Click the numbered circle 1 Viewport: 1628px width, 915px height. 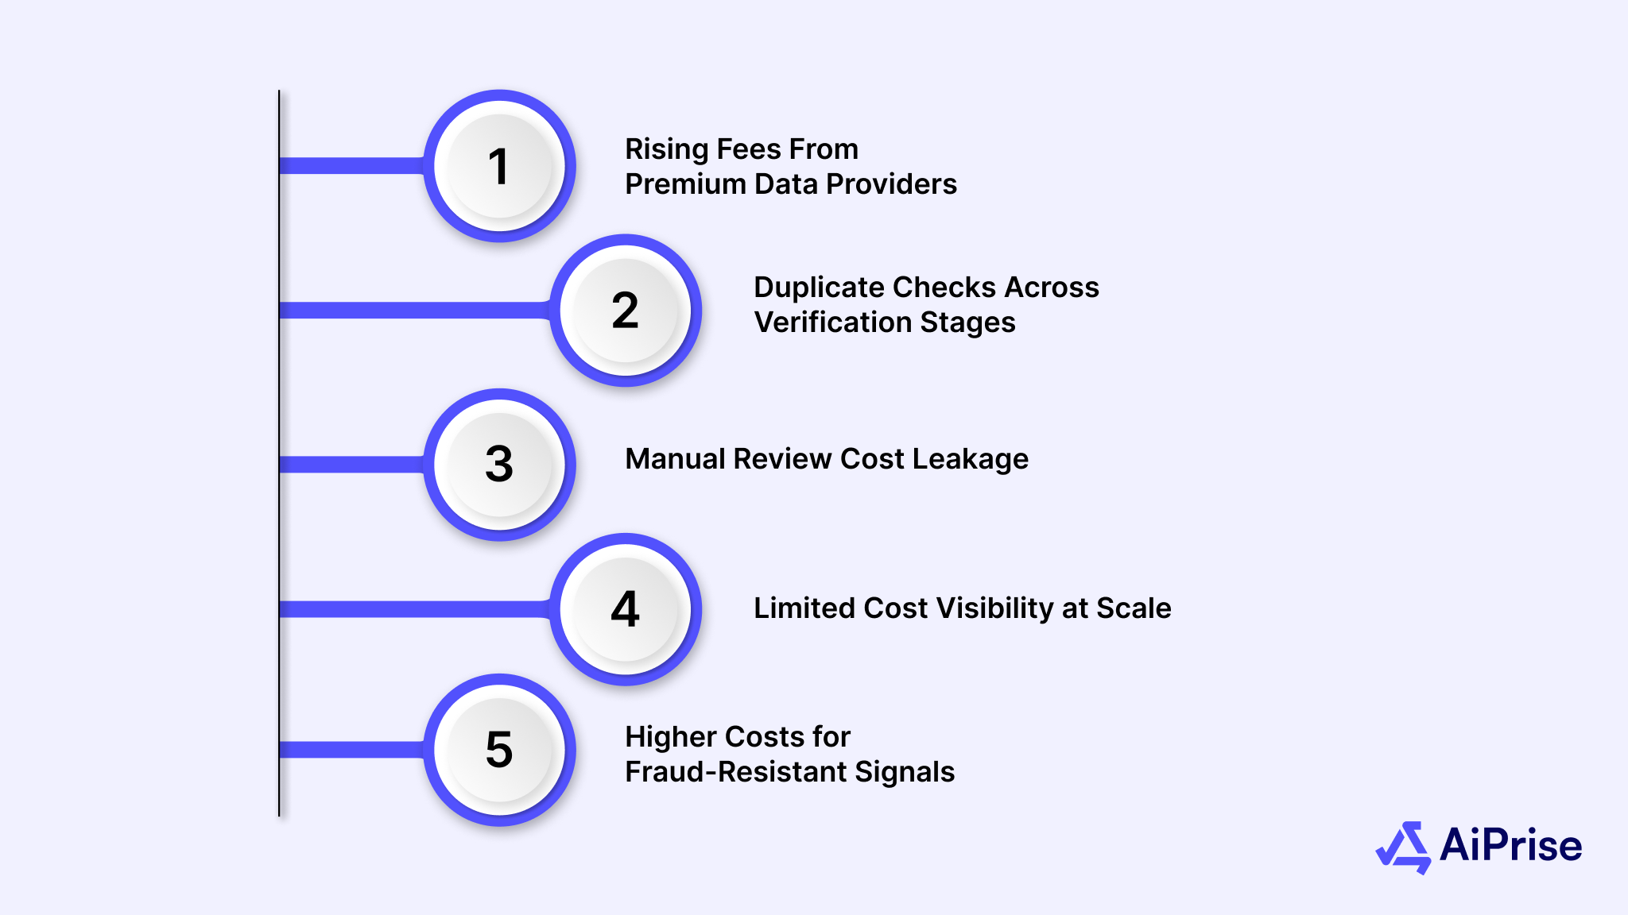[499, 166]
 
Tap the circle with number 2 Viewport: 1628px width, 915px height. [626, 310]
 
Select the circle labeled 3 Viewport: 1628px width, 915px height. [499, 464]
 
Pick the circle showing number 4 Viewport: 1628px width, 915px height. [626, 609]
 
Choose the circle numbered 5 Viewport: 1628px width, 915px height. [499, 750]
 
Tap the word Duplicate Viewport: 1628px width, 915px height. [819, 288]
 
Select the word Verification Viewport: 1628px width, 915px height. [832, 322]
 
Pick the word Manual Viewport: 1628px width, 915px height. [675, 459]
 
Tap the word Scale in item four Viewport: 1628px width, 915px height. [1134, 608]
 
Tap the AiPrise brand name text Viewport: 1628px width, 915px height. [1510, 845]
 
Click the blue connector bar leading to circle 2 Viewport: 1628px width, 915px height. [413, 310]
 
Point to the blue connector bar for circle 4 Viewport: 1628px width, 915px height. [413, 609]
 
